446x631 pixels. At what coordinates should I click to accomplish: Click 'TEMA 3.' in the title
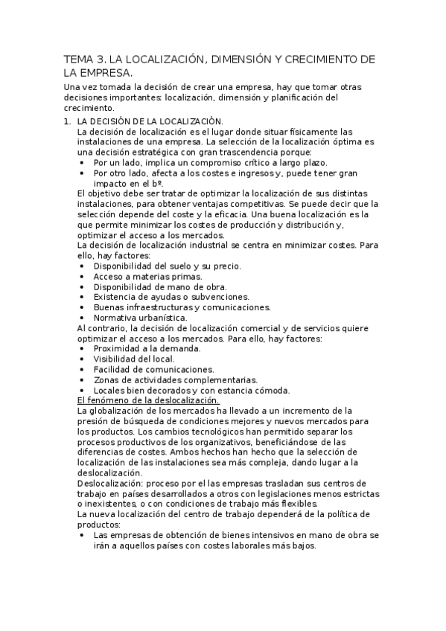tap(84, 60)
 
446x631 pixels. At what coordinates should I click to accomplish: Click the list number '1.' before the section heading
tap(67, 121)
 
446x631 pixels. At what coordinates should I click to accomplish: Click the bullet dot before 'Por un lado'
tap(81, 162)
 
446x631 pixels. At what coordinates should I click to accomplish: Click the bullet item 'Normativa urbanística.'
tap(140, 318)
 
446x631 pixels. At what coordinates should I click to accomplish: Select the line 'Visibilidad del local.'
tap(134, 359)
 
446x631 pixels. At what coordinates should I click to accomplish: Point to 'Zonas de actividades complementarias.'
tap(175, 379)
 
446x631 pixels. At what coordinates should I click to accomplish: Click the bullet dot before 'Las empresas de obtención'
tap(81, 535)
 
